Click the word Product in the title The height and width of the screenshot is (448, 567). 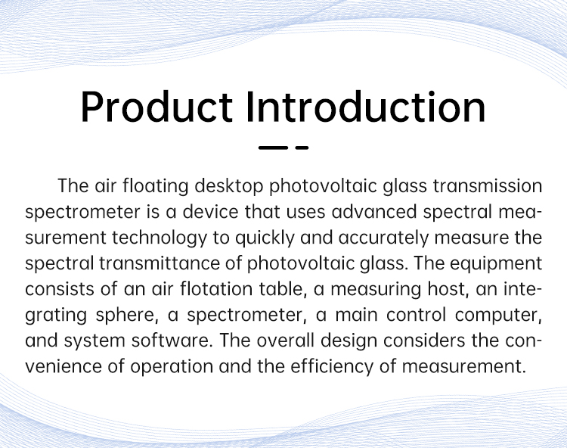pos(156,107)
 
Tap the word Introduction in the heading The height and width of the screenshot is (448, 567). pos(366,107)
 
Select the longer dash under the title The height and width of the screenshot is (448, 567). pos(273,148)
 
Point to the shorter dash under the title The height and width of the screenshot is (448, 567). pos(302,148)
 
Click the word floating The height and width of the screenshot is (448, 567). pos(156,186)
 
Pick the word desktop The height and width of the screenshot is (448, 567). pos(229,186)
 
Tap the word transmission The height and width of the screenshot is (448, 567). pos(488,186)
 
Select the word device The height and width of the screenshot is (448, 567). pos(210,212)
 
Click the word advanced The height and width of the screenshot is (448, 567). pos(374,212)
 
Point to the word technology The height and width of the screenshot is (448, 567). pos(160,238)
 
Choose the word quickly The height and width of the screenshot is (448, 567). pos(265,238)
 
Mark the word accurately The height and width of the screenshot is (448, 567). pos(383,238)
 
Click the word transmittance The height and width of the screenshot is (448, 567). pos(160,263)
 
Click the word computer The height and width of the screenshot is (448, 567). pos(499,316)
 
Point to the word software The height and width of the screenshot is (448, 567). pos(172,341)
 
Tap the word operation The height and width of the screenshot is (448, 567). pos(172,367)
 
